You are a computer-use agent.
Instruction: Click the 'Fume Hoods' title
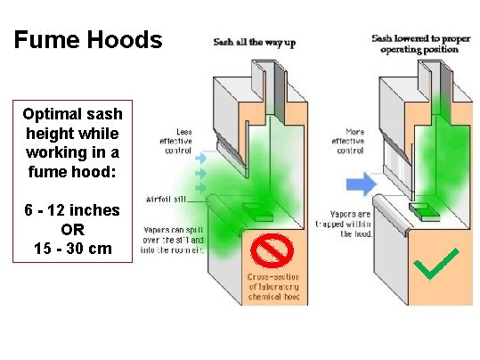click(88, 40)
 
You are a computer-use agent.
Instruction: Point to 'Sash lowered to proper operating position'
click(417, 45)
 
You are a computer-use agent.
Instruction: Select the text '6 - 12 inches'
click(73, 209)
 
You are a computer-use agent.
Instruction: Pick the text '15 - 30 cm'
click(73, 248)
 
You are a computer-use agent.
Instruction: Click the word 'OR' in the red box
click(73, 229)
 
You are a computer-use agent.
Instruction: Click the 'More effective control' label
click(346, 141)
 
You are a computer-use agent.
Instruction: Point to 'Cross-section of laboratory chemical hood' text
click(273, 289)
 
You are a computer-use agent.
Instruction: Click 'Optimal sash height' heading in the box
click(73, 143)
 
